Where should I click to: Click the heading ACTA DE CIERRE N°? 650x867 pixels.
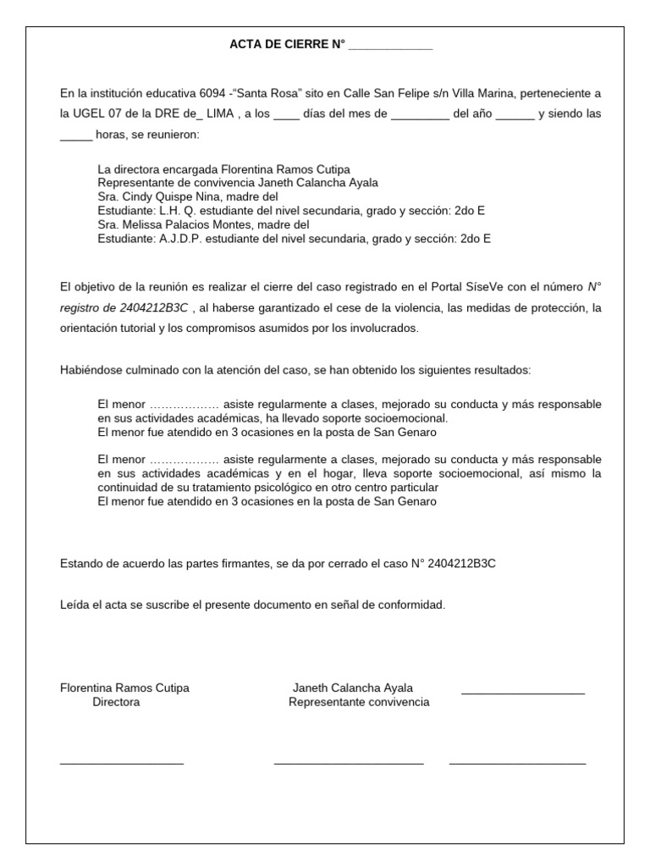coord(288,45)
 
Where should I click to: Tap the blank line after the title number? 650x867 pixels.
coord(390,47)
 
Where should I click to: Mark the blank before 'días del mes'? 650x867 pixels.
coord(287,115)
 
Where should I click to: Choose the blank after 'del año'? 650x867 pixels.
coord(515,115)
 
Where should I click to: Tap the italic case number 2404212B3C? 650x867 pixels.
coord(155,307)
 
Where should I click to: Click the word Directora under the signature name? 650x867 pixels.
coord(116,702)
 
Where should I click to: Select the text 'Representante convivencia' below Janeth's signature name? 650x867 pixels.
coord(358,702)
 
